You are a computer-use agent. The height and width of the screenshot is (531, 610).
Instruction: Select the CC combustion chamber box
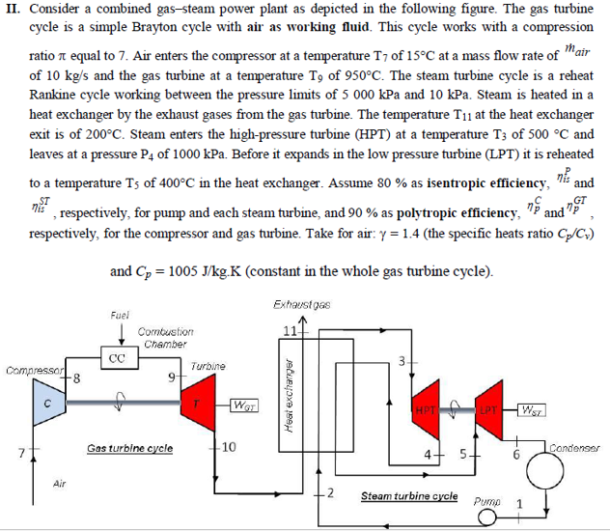(117, 356)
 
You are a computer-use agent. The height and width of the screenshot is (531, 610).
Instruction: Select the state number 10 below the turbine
(227, 446)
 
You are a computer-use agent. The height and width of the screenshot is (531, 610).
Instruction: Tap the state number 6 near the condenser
(517, 453)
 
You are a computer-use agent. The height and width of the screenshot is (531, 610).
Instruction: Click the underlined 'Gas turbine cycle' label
(130, 448)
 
